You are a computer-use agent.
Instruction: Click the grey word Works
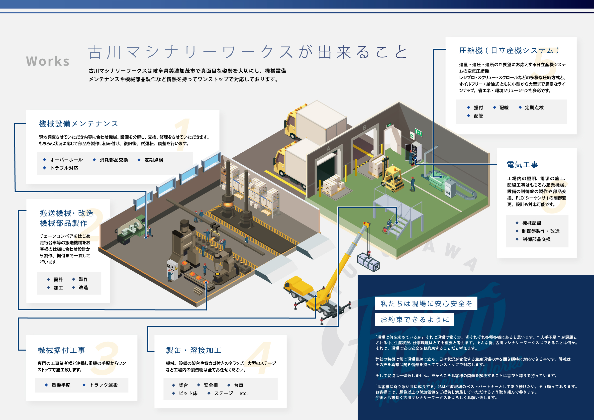[x=48, y=61]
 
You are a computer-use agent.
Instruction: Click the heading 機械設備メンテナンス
[x=78, y=124]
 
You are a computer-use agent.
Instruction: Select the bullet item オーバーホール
[x=66, y=160]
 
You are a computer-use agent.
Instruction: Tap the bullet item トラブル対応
[x=64, y=168]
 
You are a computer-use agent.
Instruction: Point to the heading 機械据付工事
[x=61, y=350]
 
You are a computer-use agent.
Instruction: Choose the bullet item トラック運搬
[x=104, y=385]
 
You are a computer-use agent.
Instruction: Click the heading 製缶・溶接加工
[x=194, y=350]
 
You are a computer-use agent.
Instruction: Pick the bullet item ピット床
[x=188, y=393]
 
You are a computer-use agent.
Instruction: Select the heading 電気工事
[x=522, y=165]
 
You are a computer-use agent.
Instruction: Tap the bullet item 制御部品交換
[x=536, y=239]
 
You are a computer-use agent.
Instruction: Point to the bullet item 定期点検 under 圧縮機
[x=534, y=108]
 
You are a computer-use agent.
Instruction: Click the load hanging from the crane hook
[x=368, y=262]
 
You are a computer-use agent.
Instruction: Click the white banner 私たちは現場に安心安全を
[x=426, y=303]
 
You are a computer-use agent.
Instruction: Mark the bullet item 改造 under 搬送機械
[x=83, y=288]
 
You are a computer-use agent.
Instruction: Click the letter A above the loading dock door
[x=328, y=149]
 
